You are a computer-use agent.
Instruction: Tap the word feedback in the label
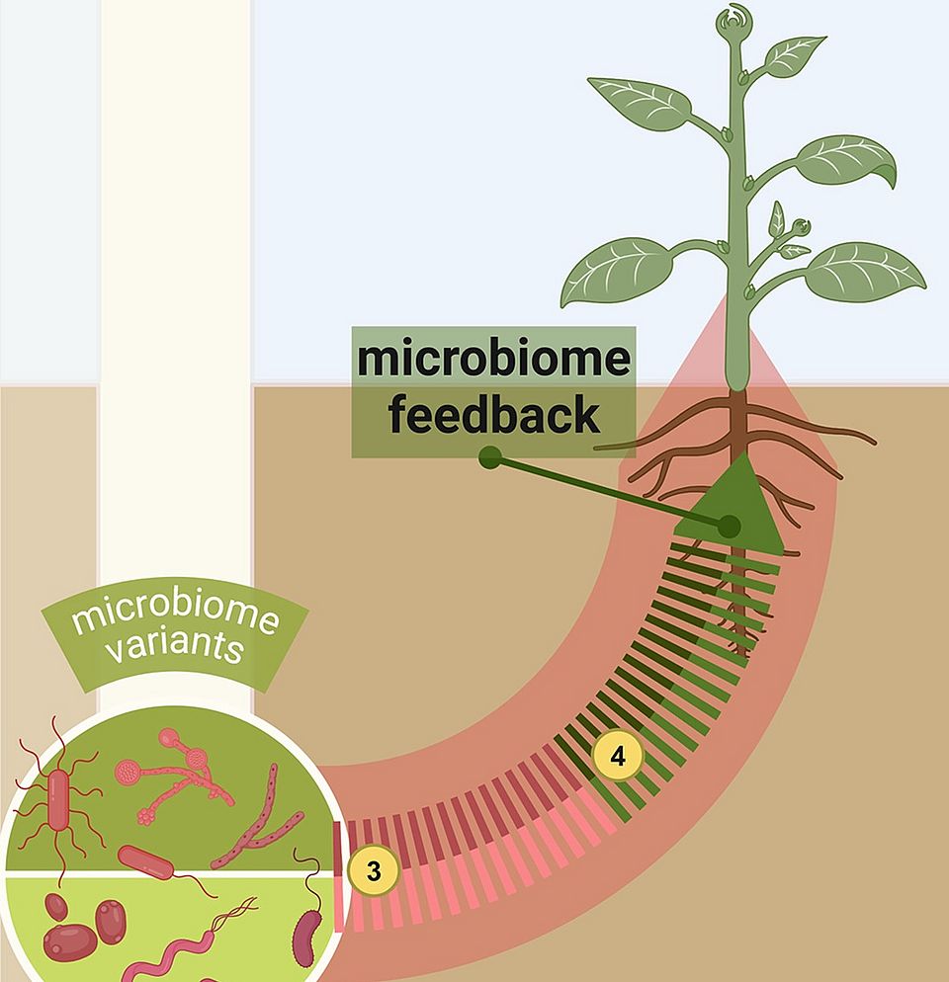[492, 415]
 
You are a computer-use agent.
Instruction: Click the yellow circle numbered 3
[373, 871]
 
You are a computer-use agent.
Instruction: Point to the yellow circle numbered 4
[618, 758]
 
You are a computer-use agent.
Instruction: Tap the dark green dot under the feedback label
[487, 457]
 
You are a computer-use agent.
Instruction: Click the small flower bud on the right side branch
[801, 227]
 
